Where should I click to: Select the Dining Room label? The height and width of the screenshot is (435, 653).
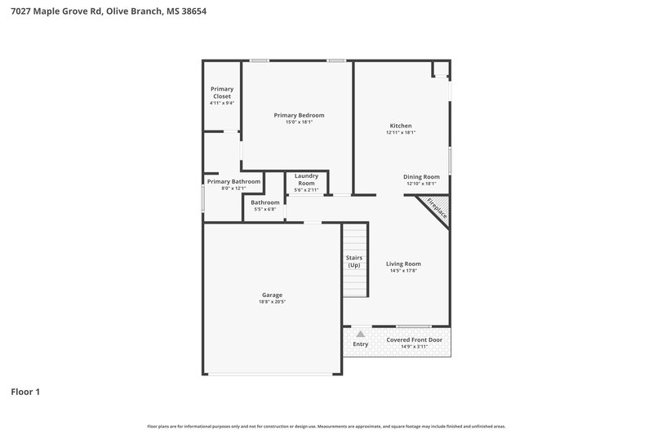[422, 176]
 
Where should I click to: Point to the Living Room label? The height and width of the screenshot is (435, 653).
[403, 264]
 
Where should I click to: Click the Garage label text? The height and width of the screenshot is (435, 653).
[272, 295]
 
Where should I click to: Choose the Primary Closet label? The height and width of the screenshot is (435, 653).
[221, 92]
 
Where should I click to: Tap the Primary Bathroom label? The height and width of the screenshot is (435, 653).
[233, 181]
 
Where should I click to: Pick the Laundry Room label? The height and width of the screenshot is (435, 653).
[306, 179]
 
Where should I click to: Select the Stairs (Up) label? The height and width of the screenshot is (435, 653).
[354, 261]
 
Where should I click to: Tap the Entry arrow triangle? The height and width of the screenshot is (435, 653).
[360, 334]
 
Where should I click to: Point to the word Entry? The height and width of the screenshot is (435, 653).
[360, 344]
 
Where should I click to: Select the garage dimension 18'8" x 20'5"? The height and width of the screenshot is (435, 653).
[272, 302]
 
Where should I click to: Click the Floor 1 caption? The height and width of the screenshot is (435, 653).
[25, 392]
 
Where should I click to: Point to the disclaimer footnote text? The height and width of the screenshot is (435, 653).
[326, 426]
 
